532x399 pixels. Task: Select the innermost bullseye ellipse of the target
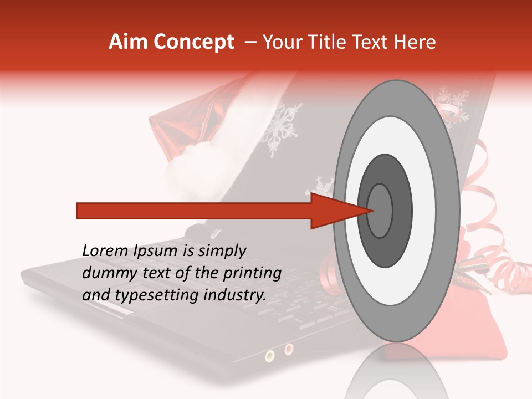point(380,211)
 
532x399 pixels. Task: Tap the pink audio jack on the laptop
point(288,349)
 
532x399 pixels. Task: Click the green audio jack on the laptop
point(270,355)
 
